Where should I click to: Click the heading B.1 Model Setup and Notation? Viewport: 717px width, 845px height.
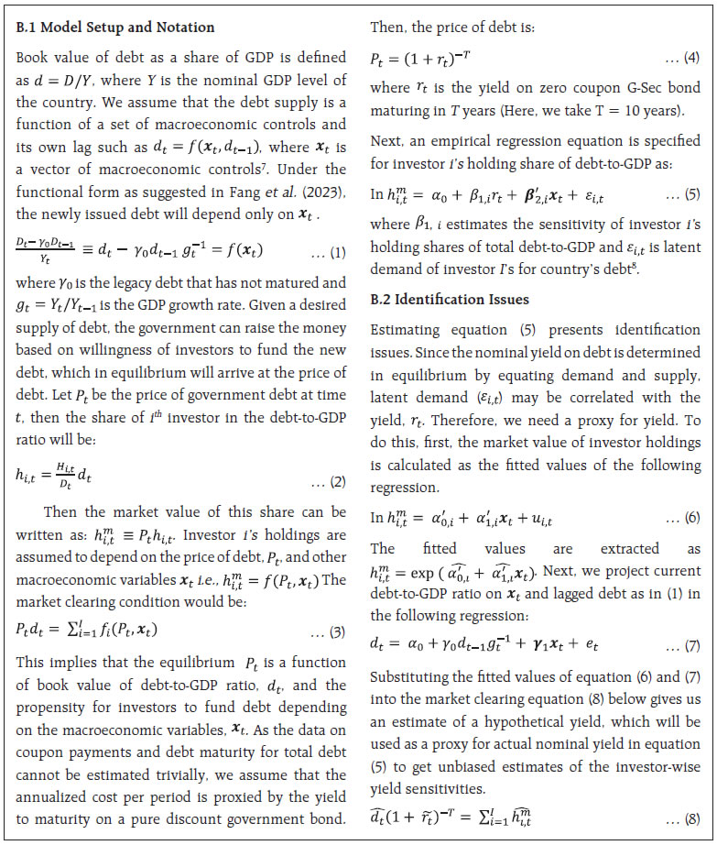pos(115,27)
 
